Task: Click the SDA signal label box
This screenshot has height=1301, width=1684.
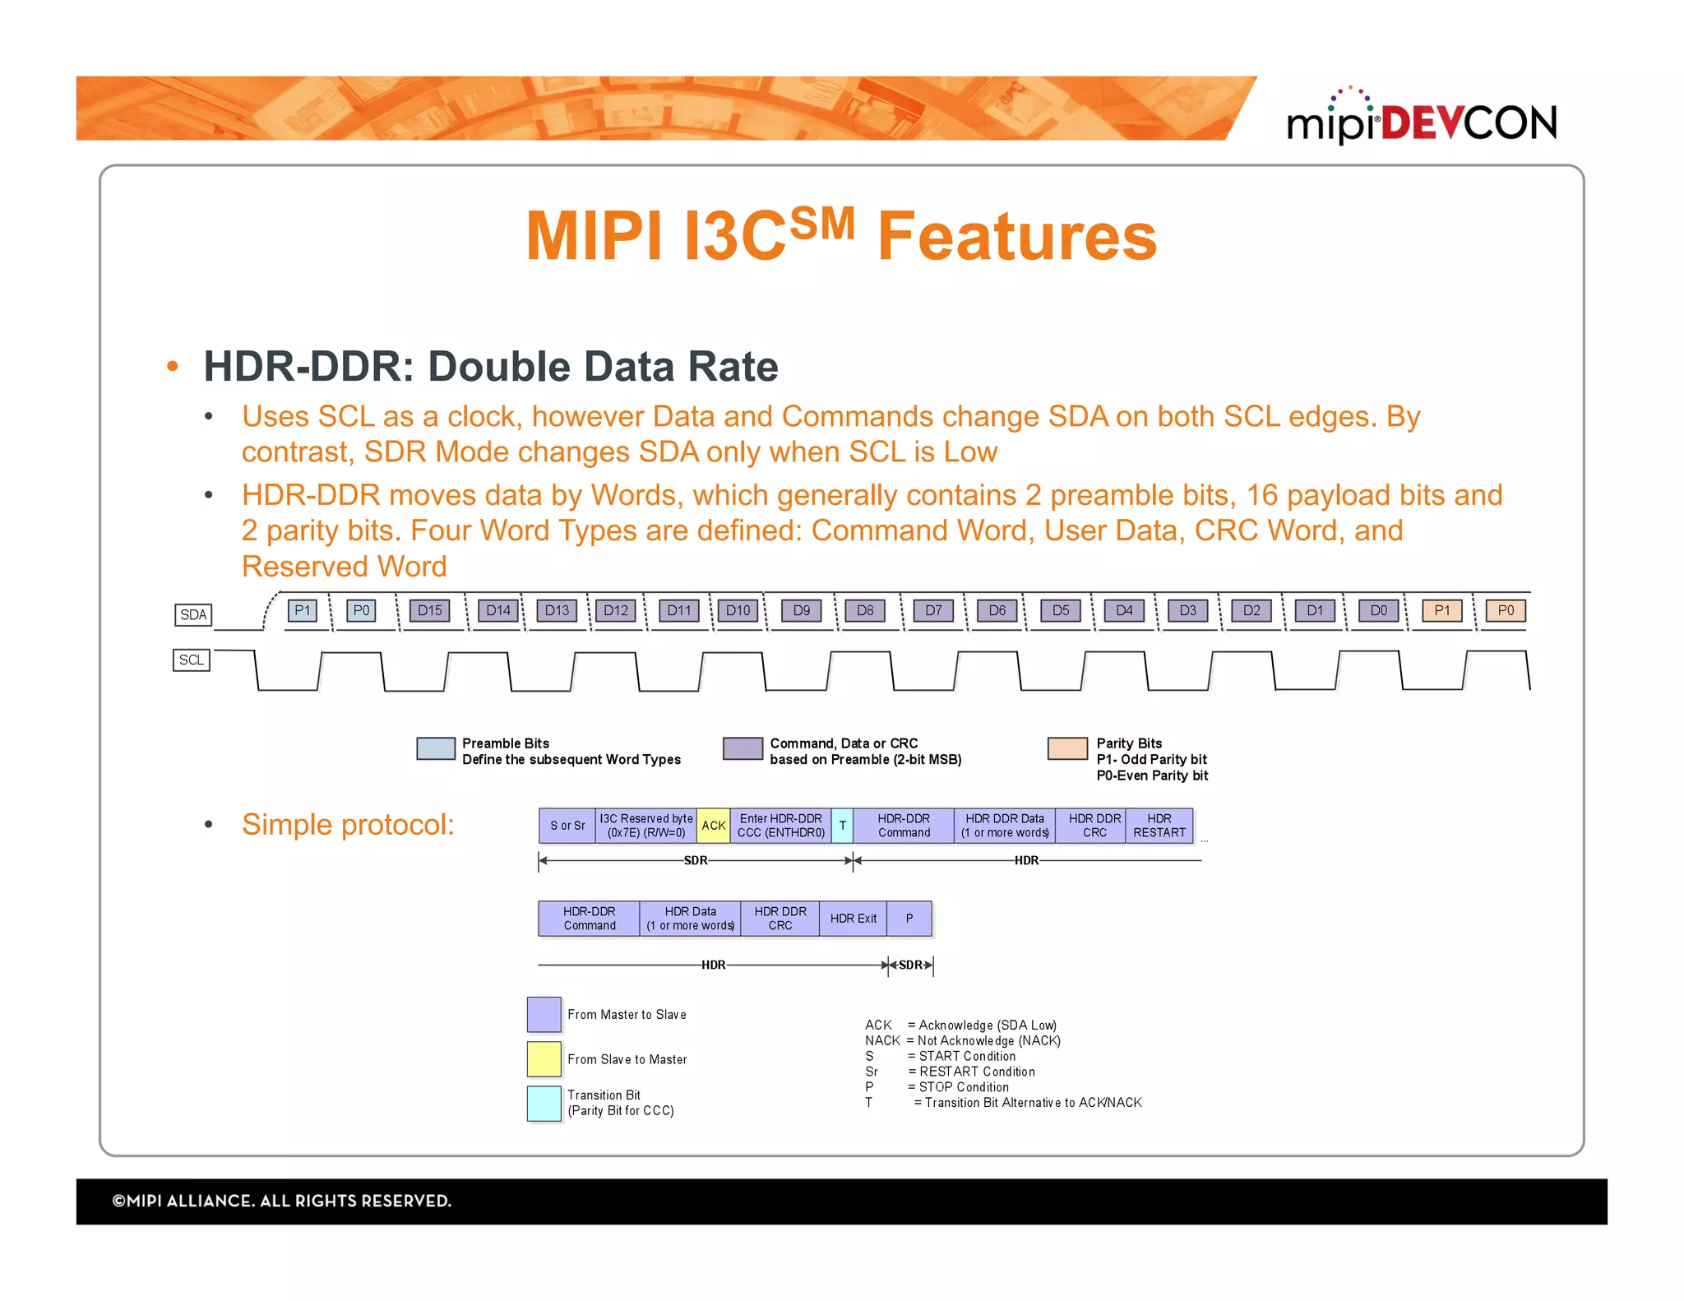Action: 193,614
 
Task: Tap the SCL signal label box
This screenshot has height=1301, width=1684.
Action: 192,660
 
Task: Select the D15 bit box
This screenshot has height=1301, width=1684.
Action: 429,610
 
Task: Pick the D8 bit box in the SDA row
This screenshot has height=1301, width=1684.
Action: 865,610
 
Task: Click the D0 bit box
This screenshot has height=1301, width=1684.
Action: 1378,610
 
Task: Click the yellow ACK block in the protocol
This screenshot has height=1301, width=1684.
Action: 713,826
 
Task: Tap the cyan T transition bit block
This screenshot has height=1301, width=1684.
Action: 842,826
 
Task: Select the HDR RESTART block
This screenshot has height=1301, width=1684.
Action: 1159,826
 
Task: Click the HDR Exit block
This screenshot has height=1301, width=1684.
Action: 853,919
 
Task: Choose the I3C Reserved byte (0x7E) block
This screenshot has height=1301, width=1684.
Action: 645,826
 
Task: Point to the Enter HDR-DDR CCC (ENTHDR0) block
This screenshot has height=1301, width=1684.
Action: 780,826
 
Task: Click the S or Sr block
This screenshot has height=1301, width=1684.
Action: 567,826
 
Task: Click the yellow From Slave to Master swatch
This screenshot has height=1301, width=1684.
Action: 544,1059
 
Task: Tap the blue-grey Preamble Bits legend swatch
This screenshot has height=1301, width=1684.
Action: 436,748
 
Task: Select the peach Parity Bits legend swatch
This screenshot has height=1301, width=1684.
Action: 1067,748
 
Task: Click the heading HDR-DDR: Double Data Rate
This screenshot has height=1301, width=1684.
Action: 490,367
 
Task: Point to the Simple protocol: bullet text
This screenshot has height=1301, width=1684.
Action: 348,825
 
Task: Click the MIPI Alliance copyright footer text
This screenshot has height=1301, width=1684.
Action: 282,1201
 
